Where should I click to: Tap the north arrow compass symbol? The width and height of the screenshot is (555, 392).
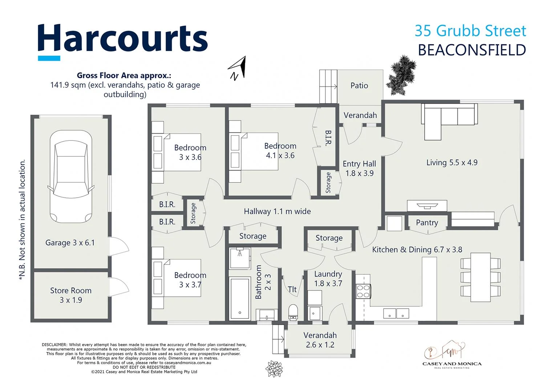238,68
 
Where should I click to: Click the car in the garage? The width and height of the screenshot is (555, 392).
71,177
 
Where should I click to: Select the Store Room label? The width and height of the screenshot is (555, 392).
71,290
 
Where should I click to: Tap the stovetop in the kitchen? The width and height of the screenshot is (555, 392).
363,291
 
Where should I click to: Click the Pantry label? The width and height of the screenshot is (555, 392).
427,222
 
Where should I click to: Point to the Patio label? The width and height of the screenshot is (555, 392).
359,86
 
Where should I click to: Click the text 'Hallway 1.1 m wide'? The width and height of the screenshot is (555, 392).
277,211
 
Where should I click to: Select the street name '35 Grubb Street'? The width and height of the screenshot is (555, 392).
470,31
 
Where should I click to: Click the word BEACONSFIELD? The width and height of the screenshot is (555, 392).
472,50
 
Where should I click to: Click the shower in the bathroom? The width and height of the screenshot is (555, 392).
240,258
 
